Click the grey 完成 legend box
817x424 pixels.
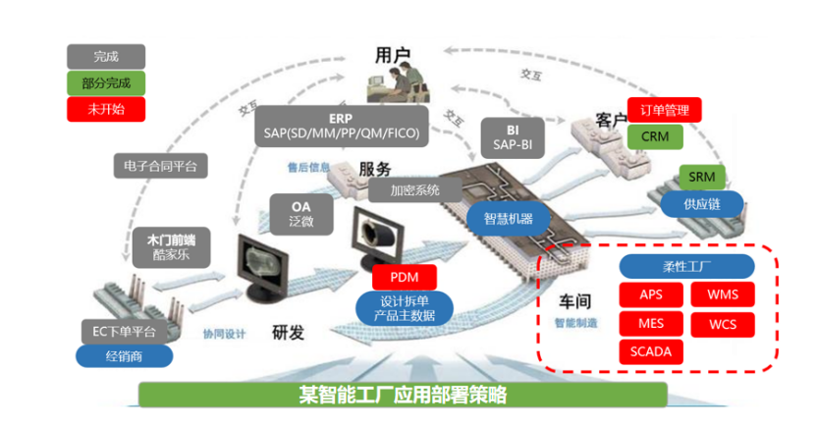[106, 57]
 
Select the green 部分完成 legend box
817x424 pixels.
[106, 82]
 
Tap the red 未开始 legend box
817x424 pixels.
[106, 109]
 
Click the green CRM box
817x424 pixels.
[654, 136]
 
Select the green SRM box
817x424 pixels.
[701, 177]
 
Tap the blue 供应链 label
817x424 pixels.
[701, 203]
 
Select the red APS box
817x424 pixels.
[651, 294]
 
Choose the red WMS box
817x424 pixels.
[723, 294]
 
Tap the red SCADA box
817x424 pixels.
[651, 351]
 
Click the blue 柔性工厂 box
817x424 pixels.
[686, 266]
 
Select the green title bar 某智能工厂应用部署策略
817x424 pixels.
[403, 396]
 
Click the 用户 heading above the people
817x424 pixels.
[393, 56]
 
